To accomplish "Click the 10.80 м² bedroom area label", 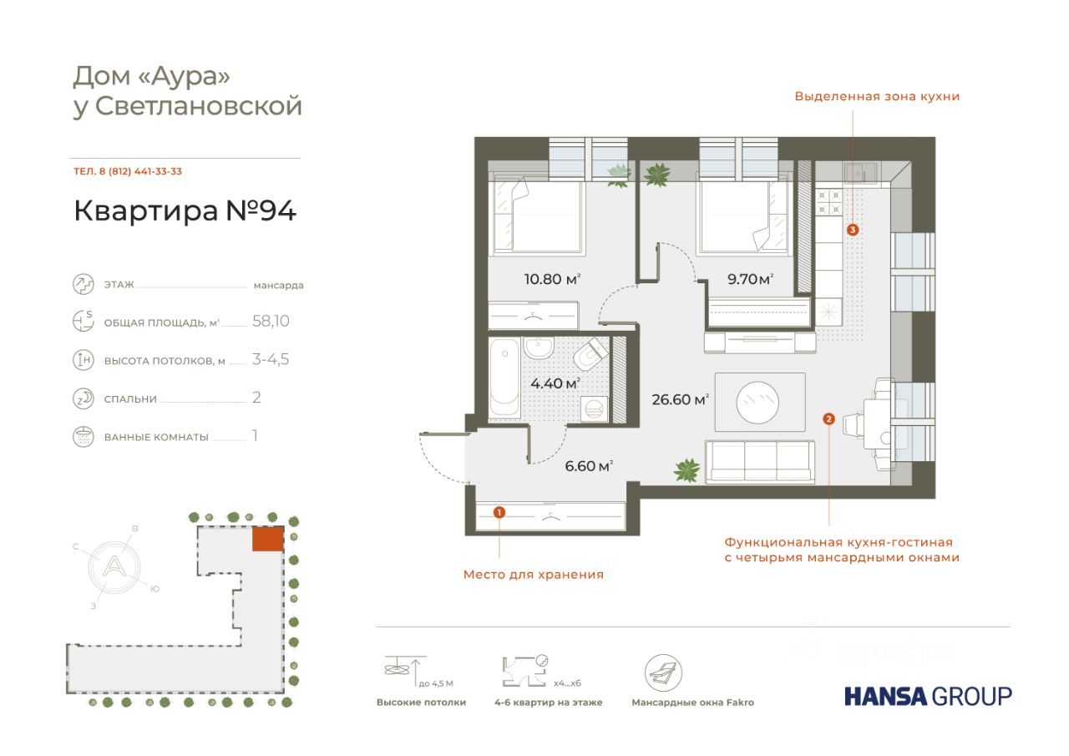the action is [x=552, y=279].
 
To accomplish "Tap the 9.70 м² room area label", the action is [x=750, y=279].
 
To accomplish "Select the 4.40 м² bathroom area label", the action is [x=555, y=383].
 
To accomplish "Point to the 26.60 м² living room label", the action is [x=680, y=399].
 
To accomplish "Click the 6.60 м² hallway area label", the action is [x=589, y=465].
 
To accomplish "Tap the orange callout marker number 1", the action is [x=499, y=513].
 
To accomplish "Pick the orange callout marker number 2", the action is [x=829, y=419].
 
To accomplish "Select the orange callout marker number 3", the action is [x=853, y=230].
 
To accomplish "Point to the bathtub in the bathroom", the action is [x=505, y=378].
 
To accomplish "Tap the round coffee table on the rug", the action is [x=757, y=402].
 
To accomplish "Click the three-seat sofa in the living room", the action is [x=760, y=461].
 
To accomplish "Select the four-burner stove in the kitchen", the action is [x=829, y=201].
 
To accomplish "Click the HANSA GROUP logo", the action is [x=928, y=697].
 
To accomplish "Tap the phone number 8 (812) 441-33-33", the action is [x=140, y=171].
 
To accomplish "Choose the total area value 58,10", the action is [x=271, y=321].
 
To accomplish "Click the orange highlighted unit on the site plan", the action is [x=268, y=539].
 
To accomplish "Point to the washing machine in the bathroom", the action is [x=594, y=409].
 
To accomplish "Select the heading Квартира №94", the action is [x=185, y=211].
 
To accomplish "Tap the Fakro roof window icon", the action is [x=663, y=672].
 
